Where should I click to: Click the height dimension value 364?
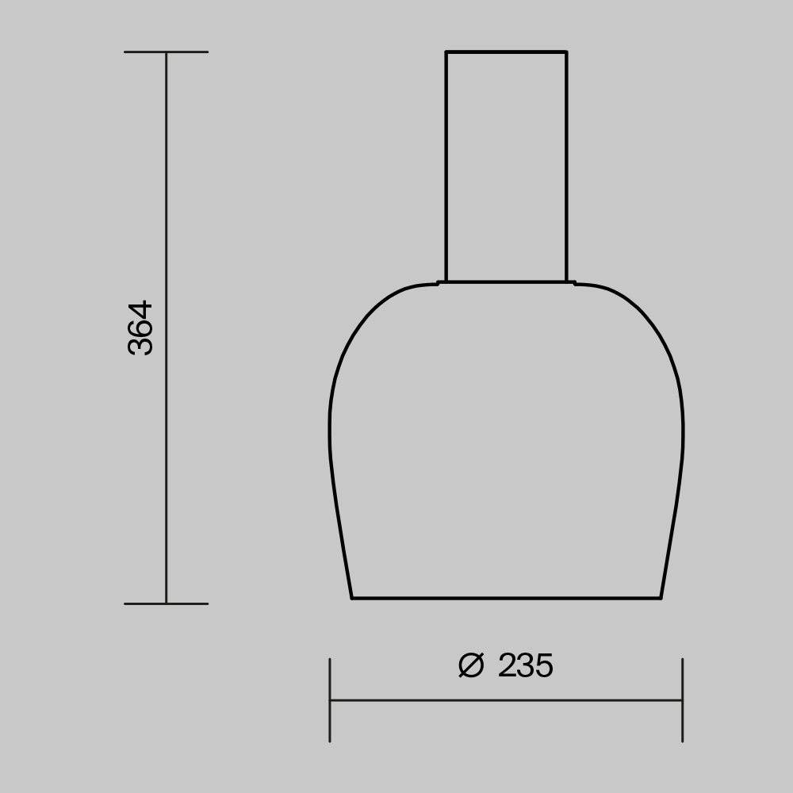tap(140, 327)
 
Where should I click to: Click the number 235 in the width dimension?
tap(525, 666)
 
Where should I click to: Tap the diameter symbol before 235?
tap(470, 666)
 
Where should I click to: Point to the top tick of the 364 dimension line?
tap(166, 52)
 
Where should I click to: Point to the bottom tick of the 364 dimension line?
tap(166, 603)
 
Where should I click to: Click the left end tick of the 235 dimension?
tap(330, 700)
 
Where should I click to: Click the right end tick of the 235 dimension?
tap(682, 700)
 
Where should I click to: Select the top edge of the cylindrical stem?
tap(506, 52)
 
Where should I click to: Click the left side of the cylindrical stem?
tap(446, 167)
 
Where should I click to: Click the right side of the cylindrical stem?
tap(566, 167)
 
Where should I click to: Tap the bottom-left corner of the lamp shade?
tap(352, 598)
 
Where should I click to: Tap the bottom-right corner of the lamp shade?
tap(661, 598)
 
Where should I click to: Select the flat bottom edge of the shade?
tap(506, 598)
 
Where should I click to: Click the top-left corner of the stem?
tap(446, 52)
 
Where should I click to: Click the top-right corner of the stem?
tap(566, 52)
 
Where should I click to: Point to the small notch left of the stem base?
tap(439, 283)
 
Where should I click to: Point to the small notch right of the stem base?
tap(574, 283)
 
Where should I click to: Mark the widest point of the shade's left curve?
tap(330, 432)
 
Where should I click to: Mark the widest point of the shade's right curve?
tap(683, 432)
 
